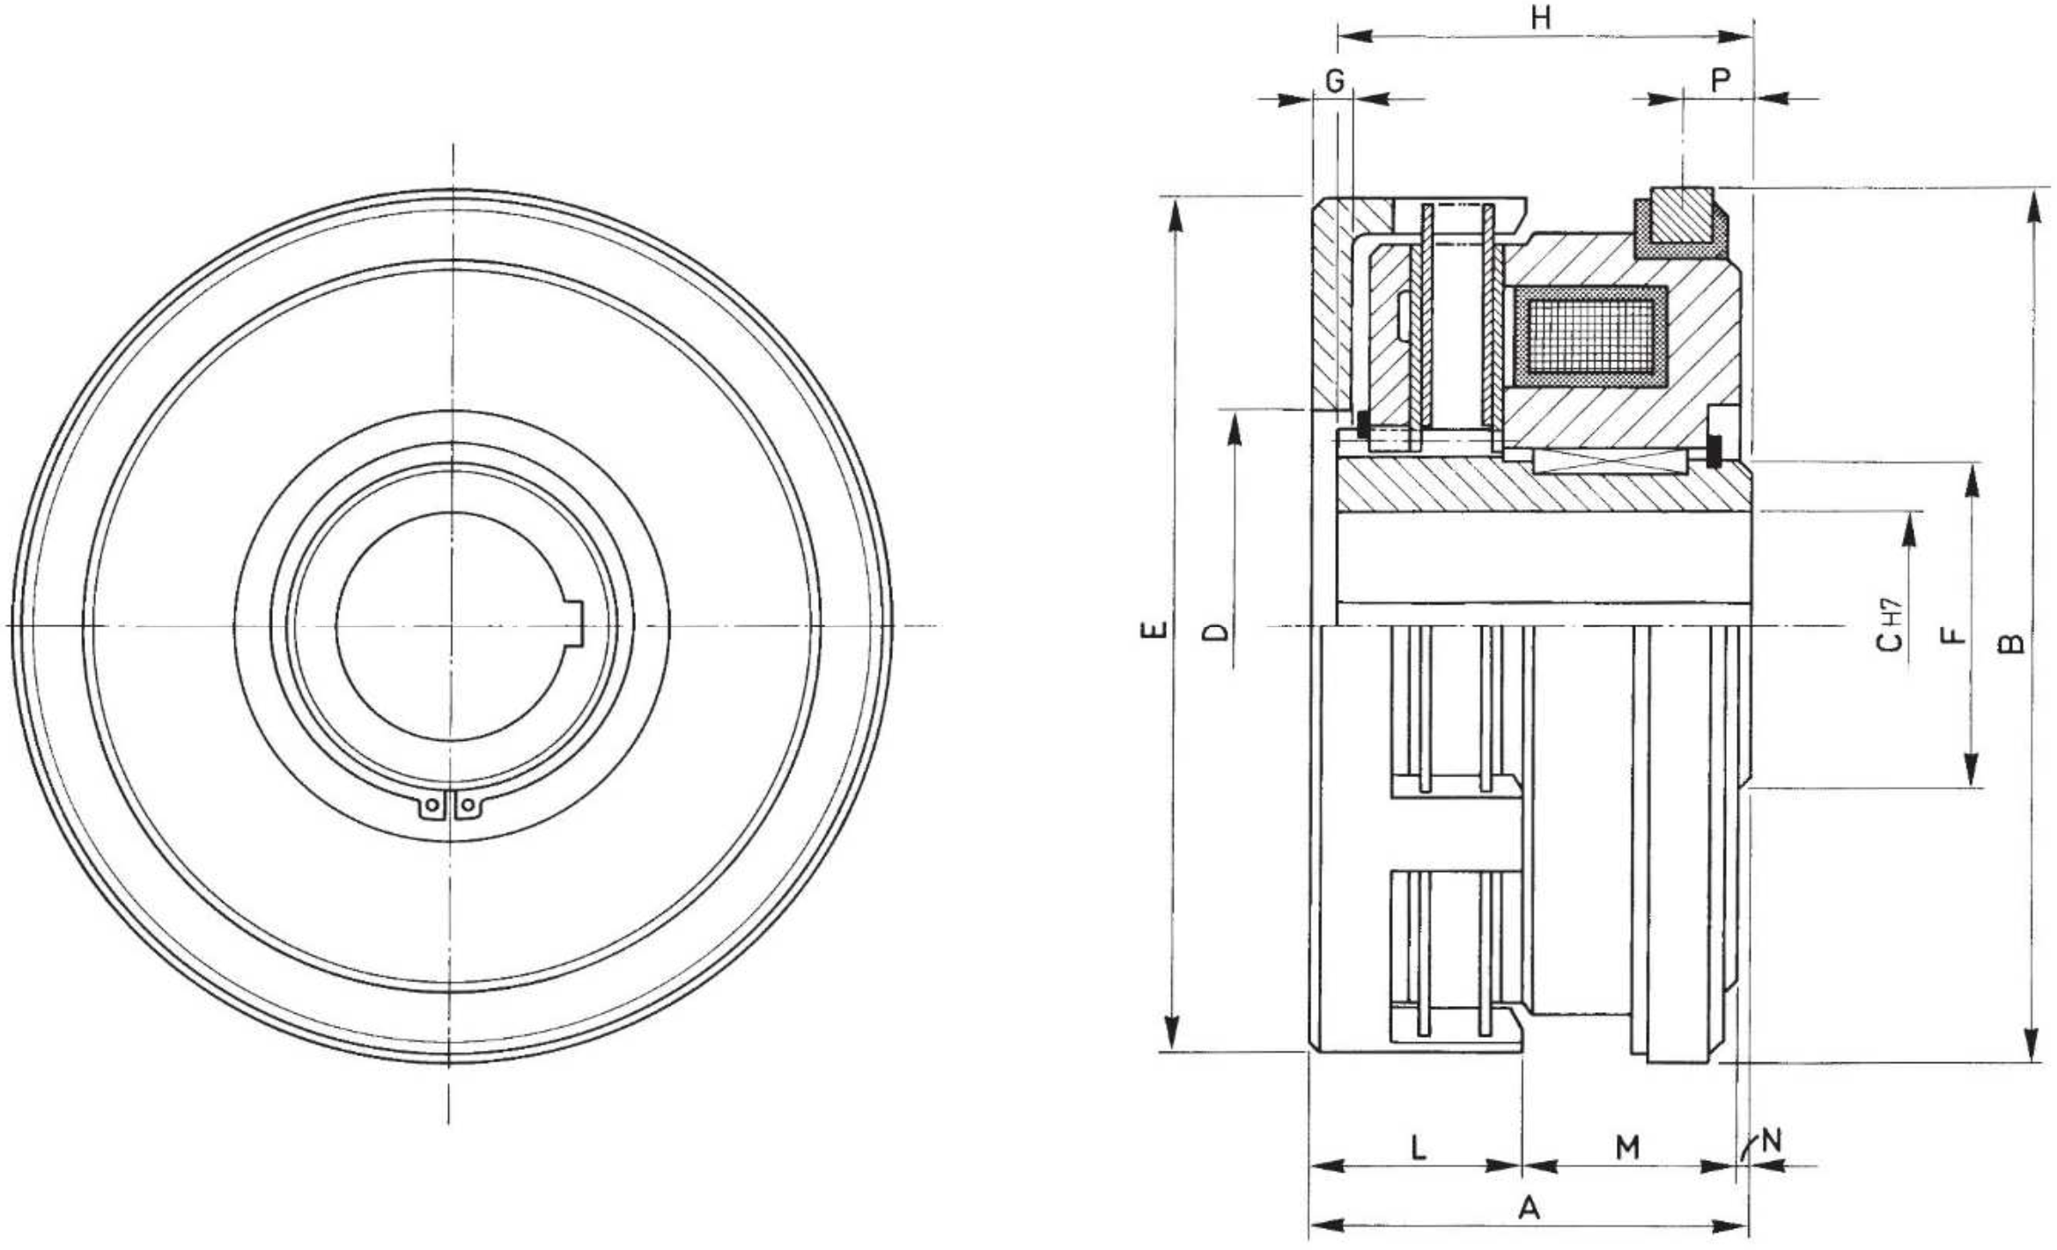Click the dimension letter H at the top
click(x=1540, y=18)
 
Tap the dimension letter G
click(x=1335, y=81)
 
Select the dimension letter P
click(x=1720, y=81)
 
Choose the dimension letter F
click(x=1952, y=634)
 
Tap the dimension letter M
click(x=1627, y=1147)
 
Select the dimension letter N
click(x=1771, y=1141)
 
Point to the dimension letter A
click(x=1530, y=1208)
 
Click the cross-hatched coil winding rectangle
click(x=1590, y=336)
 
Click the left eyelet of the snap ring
click(x=431, y=805)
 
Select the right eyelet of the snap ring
click(x=468, y=805)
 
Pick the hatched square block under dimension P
click(x=1682, y=215)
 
